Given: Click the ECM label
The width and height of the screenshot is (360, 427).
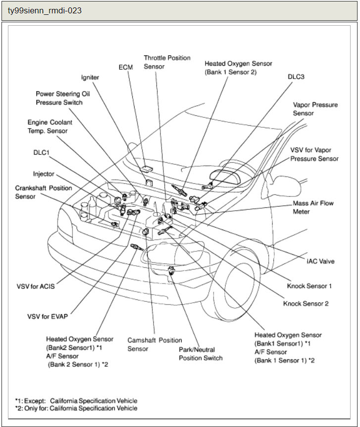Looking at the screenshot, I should pos(126,67).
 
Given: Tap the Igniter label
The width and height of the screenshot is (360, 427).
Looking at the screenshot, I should pos(90,77).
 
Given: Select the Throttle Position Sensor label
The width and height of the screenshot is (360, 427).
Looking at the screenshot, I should pos(167,62).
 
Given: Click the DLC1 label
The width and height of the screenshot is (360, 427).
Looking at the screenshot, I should pos(42,153).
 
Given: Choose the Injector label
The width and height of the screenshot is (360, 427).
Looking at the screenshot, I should pos(44,174).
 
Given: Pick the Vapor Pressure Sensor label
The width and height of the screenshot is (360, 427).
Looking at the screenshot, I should pos(315,109).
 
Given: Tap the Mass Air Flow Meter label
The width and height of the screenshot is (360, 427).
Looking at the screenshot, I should pos(313,207).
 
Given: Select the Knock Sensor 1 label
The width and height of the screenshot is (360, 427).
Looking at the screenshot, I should pos(309,286).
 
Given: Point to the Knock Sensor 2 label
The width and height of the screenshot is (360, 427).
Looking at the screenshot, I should pos(306,303).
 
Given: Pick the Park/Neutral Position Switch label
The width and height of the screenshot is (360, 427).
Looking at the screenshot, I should pos(201,353).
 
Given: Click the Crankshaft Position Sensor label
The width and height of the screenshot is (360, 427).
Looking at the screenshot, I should pos(44,192).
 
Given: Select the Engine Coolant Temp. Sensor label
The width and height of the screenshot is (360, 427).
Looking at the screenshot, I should pos(48,126).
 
